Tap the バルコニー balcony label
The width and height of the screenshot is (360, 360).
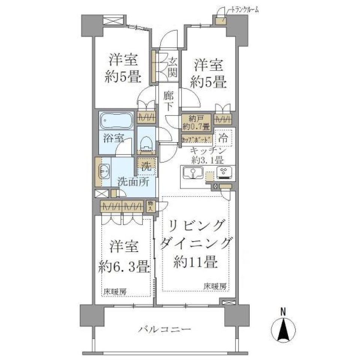(165, 330)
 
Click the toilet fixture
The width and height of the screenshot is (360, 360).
(146, 142)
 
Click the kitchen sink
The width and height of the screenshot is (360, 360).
(192, 173)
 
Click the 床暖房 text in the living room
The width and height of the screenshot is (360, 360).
(215, 286)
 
